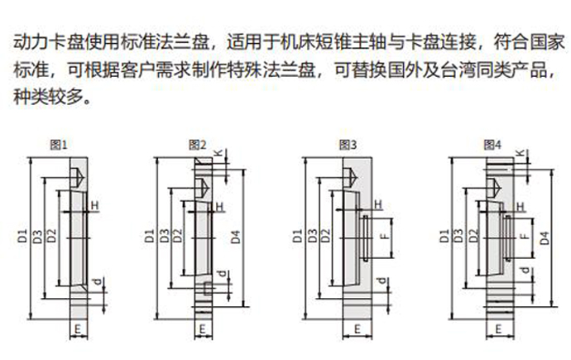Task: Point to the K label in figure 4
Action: (x=521, y=154)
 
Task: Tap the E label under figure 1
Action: (x=77, y=329)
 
